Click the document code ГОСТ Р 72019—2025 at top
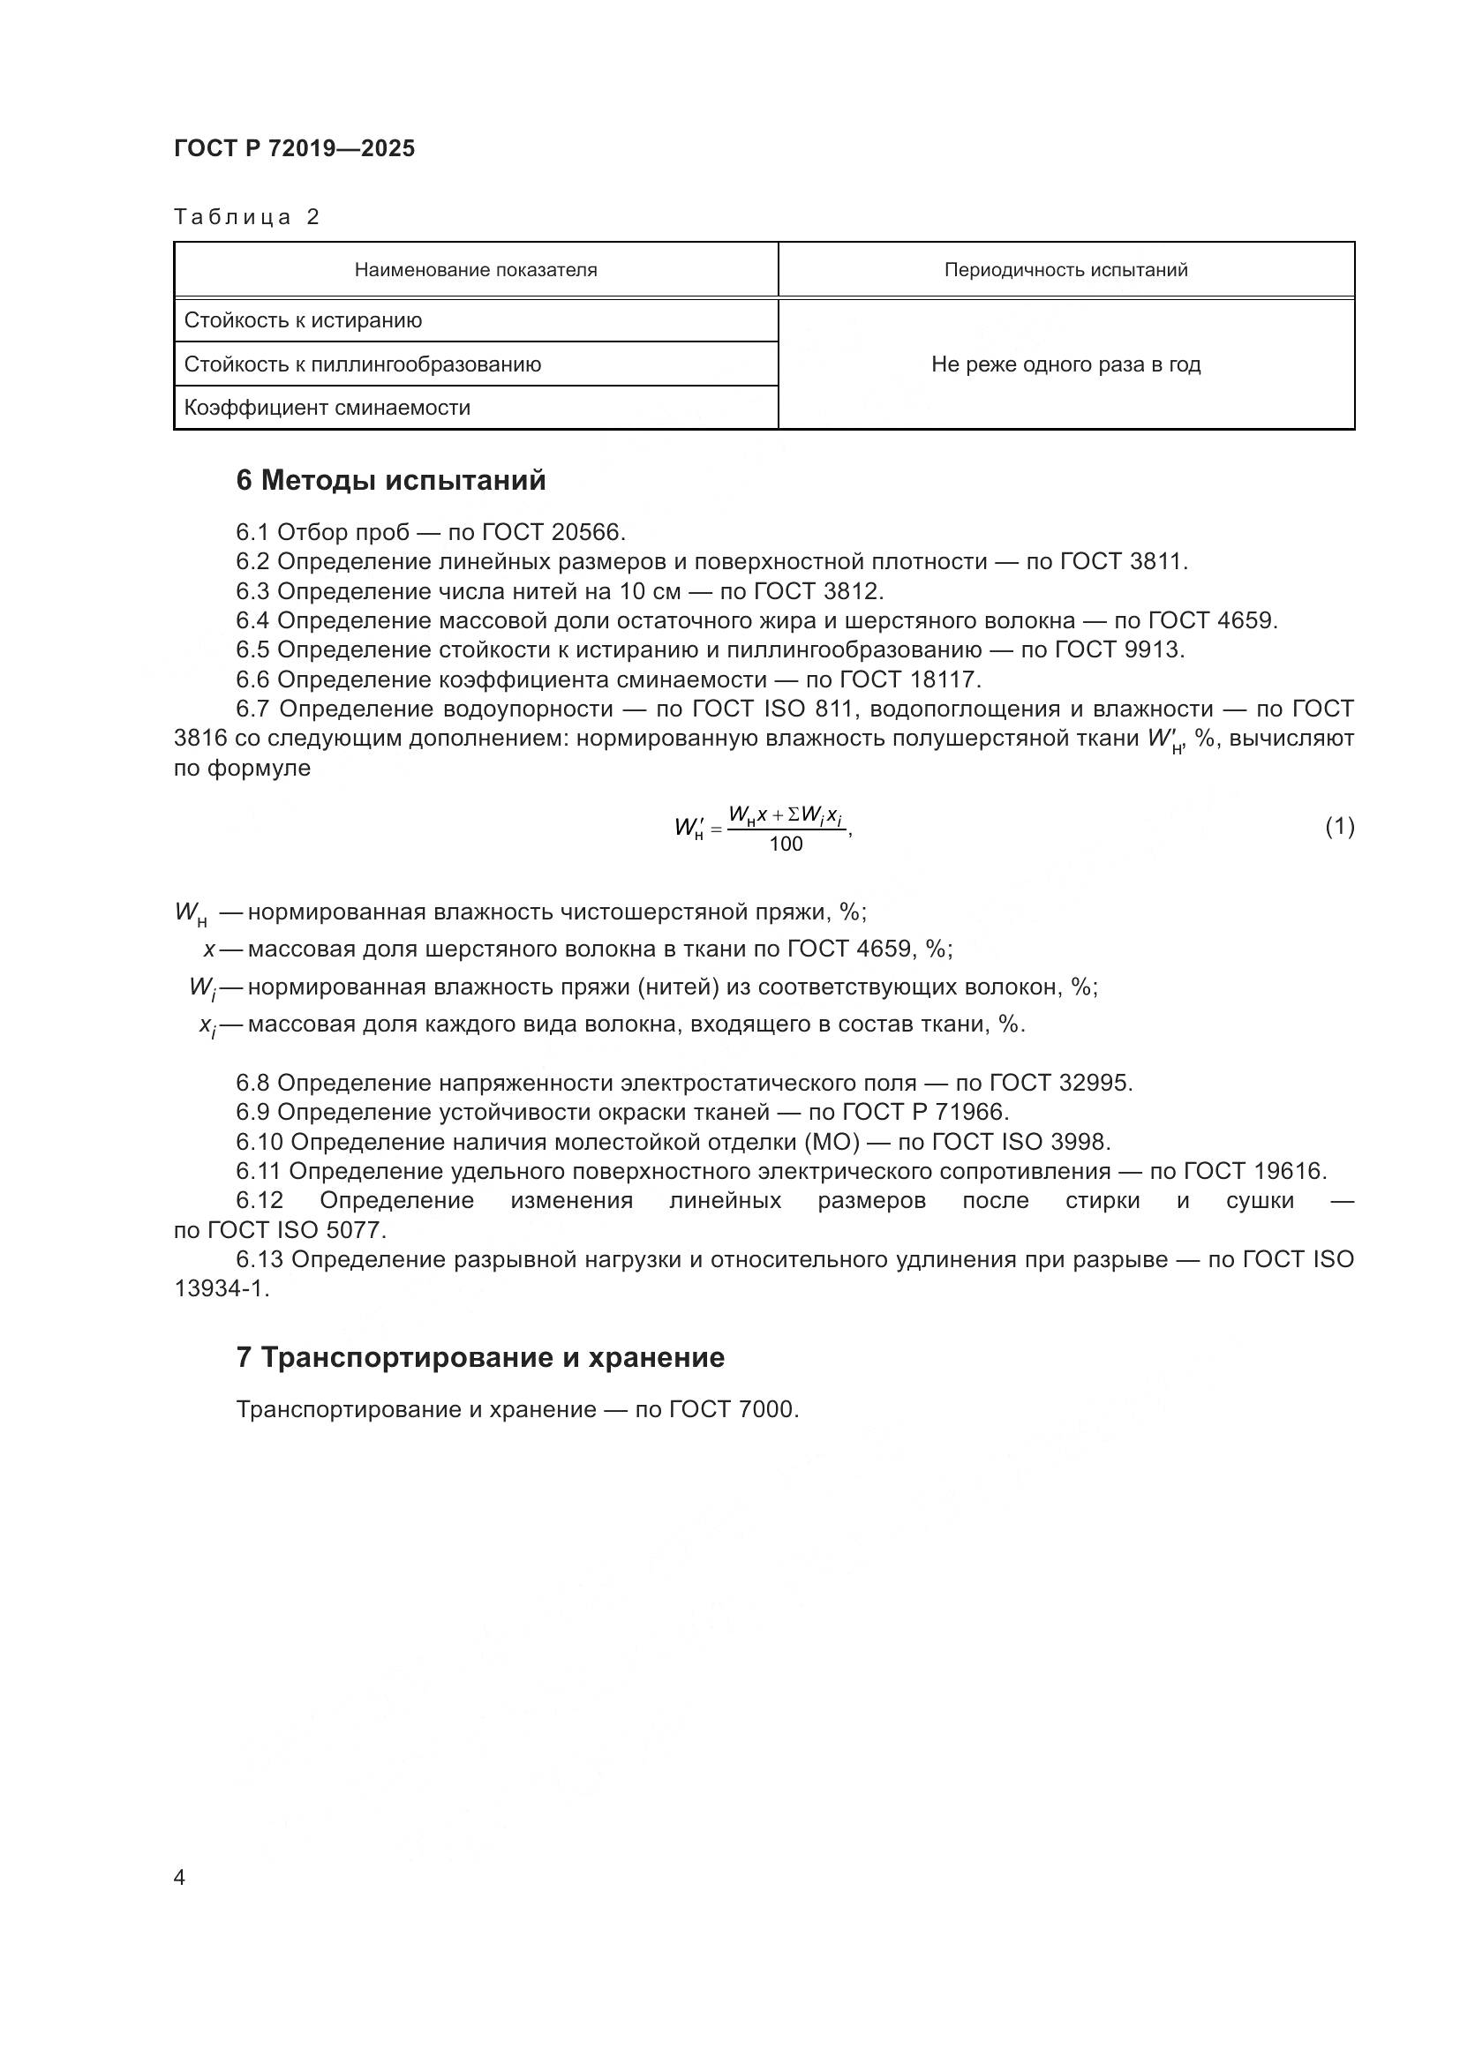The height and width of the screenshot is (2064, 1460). click(294, 148)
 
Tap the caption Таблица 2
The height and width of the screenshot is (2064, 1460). click(246, 217)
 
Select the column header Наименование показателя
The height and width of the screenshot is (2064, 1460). click(476, 270)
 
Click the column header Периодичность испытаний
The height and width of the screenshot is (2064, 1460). click(1065, 270)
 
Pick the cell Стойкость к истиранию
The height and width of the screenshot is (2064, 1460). click(303, 320)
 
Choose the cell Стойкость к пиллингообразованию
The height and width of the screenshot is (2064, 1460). click(362, 364)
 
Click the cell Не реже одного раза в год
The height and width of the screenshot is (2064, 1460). click(1065, 364)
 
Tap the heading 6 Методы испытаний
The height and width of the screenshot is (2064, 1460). click(390, 480)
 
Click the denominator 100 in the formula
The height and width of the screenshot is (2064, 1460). click(786, 844)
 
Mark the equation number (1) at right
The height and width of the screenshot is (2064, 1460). click(1340, 826)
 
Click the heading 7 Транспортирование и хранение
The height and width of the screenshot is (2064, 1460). click(480, 1357)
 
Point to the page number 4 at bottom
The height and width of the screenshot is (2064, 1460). click(180, 1877)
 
